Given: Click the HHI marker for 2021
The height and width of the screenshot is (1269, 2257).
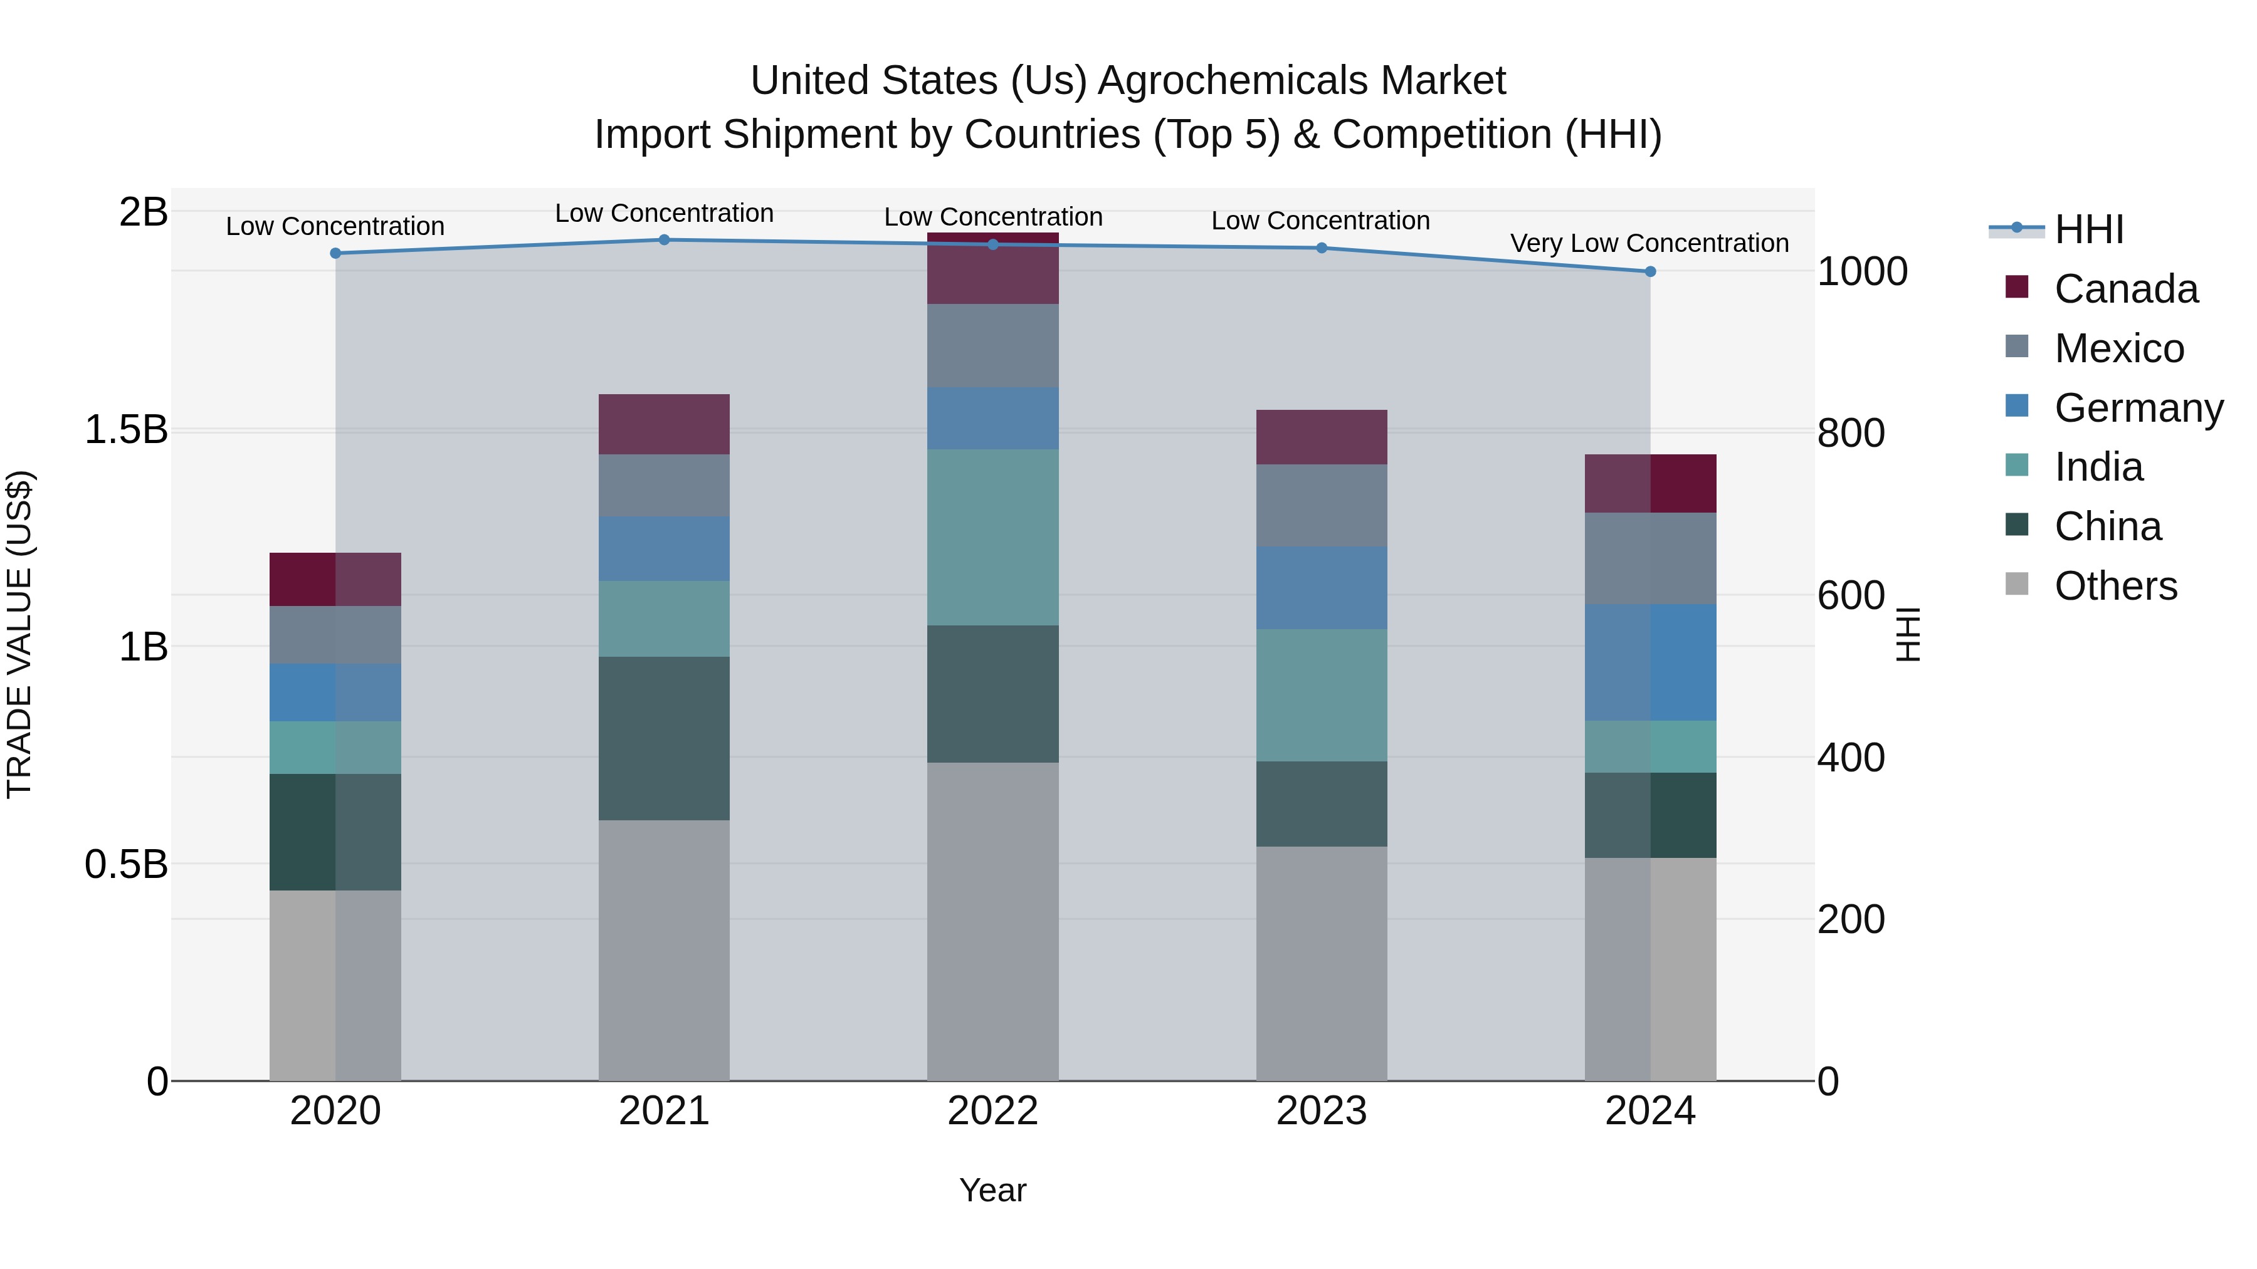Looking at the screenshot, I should [x=664, y=240].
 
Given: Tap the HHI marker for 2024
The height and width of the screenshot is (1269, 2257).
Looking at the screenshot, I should [x=1651, y=271].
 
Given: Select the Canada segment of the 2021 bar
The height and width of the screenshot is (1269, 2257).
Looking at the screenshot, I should [x=664, y=424].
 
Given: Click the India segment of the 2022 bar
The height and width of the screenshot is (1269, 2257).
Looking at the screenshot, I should [x=992, y=537].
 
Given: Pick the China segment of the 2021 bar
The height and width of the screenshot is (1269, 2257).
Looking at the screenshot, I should [x=664, y=738].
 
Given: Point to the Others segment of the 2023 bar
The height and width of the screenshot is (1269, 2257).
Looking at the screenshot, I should [x=1321, y=963].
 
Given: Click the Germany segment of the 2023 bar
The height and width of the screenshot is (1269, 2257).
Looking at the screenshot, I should [x=1321, y=588].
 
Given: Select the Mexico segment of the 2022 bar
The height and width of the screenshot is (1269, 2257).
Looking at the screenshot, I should [x=992, y=346].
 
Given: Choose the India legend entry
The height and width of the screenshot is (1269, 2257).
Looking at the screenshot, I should [x=2098, y=467].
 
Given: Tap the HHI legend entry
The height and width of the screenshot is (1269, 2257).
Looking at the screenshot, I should [x=2089, y=229].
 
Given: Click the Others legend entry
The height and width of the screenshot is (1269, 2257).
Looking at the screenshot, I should [x=2115, y=586].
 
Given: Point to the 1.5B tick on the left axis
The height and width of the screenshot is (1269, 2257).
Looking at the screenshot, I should [x=126, y=430].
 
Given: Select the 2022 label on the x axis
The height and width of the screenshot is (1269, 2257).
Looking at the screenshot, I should [x=992, y=1111].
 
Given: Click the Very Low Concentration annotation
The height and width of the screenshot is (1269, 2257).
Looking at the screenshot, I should [x=1649, y=244].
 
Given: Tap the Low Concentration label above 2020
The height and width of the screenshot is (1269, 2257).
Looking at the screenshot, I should [x=335, y=227].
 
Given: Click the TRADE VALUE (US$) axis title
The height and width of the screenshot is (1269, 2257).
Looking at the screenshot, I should [x=19, y=634].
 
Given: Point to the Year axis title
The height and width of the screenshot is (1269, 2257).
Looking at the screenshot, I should [x=992, y=1190].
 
